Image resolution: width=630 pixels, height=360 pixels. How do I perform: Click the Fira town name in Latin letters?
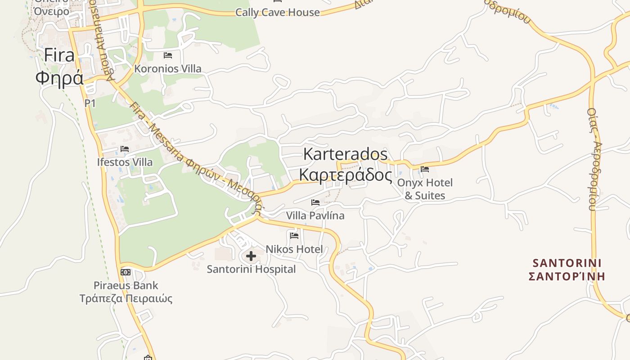59,55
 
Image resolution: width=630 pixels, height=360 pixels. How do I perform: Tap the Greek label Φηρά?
59,78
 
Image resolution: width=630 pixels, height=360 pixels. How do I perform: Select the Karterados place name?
345,154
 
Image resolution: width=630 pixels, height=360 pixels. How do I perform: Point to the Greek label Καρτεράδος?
345,175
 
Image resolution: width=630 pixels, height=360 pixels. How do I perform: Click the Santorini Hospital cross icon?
251,256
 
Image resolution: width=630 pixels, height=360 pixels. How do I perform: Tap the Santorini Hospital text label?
251,269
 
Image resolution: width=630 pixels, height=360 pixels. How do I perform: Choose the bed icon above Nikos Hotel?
294,235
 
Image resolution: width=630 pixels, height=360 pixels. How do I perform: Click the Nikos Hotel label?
294,249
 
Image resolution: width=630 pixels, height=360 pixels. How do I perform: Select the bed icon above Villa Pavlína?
315,202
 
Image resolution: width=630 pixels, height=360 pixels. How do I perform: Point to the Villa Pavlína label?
315,216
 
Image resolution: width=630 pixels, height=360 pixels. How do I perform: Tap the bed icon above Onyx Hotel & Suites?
425,169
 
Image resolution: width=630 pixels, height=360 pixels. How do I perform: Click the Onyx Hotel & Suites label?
425,189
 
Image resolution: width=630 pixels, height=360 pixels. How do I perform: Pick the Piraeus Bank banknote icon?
126,272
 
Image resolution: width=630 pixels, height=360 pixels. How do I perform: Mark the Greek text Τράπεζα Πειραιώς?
126,298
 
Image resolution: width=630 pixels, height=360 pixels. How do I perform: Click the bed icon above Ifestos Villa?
125,149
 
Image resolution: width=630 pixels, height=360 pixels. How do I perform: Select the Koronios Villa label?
168,69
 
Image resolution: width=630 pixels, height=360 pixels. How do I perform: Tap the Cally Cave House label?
278,12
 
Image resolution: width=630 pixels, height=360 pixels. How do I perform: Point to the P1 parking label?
90,103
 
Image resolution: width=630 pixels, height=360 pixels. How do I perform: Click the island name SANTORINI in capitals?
567,263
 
